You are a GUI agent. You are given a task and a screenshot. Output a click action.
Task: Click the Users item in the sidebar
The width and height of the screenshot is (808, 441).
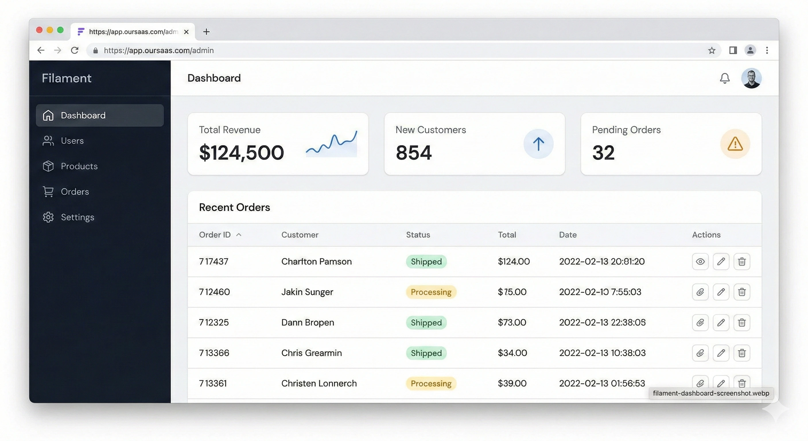72,141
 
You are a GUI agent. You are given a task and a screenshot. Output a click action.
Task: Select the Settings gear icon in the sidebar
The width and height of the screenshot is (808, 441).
48,217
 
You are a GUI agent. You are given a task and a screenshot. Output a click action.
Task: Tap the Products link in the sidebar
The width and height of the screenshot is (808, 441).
79,166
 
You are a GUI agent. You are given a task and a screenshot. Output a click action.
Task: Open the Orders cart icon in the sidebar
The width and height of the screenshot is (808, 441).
48,192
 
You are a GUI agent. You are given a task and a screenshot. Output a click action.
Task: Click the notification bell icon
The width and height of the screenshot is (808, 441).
725,78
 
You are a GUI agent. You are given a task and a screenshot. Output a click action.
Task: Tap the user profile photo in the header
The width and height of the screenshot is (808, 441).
751,78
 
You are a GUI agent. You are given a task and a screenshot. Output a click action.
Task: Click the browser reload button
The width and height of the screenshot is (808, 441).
75,50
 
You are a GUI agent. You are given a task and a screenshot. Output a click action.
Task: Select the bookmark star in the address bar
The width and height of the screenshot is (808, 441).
712,50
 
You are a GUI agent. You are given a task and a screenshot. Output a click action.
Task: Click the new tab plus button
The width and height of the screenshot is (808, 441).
206,32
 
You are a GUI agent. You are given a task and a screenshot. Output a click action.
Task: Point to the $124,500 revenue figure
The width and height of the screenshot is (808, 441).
241,153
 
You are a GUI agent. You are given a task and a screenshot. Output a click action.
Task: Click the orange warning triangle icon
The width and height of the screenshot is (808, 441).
735,144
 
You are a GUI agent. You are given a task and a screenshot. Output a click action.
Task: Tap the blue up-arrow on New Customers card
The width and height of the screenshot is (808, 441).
538,144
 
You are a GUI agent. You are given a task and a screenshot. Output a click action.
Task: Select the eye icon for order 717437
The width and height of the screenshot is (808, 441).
700,262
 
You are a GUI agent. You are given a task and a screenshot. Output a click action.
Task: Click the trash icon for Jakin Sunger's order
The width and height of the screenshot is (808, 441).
742,292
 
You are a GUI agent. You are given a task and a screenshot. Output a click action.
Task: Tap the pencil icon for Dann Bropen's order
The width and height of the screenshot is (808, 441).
721,322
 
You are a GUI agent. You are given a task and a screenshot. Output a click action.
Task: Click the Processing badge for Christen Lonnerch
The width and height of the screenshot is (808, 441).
431,383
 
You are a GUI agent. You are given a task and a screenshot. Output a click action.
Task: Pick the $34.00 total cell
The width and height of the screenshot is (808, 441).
512,353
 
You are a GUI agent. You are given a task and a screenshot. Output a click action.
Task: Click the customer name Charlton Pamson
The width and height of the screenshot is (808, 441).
316,262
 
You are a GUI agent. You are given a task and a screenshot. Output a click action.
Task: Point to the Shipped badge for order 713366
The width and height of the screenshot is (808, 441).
426,353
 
